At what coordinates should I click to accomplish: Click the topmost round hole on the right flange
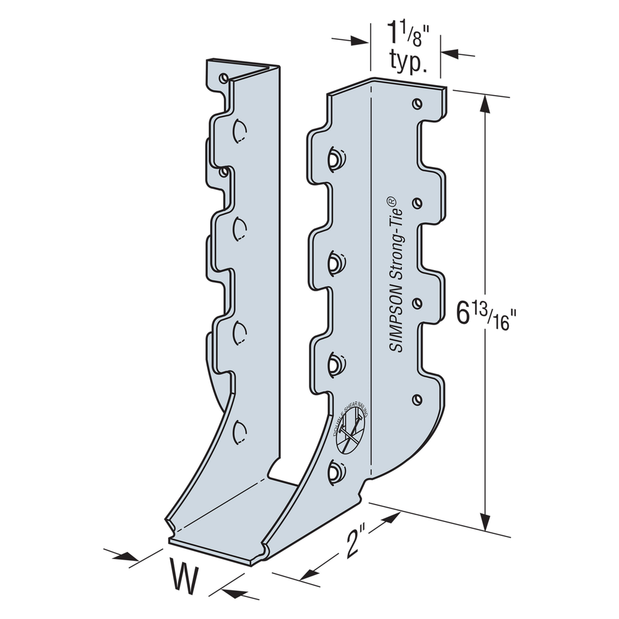click(416, 103)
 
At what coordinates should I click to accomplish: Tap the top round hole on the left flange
click(223, 78)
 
